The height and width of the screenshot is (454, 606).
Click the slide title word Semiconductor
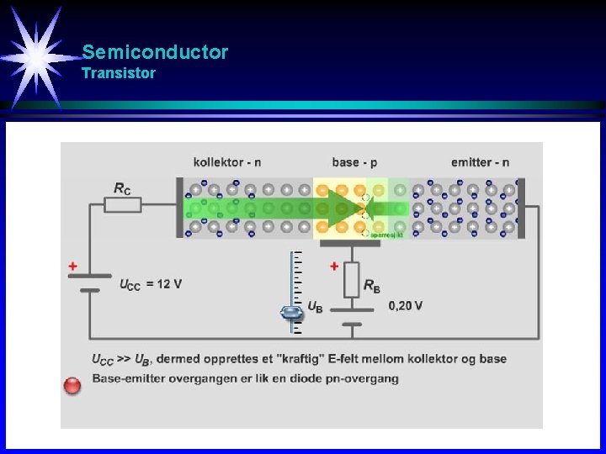(155, 52)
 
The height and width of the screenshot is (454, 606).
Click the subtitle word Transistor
(119, 73)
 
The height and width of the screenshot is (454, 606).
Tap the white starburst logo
(35, 55)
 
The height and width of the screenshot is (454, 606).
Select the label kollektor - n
(226, 162)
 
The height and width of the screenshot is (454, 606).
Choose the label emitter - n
(480, 162)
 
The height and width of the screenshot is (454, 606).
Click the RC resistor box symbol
(123, 204)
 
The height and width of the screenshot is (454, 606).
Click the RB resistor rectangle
(351, 279)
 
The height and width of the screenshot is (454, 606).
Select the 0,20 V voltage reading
(405, 306)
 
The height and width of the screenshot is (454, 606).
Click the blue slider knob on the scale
(291, 313)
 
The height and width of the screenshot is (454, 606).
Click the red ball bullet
(73, 385)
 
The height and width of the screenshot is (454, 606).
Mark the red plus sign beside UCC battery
(73, 267)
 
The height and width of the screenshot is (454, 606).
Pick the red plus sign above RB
(334, 267)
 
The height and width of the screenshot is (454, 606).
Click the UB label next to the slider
(315, 307)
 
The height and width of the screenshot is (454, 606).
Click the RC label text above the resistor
(123, 188)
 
